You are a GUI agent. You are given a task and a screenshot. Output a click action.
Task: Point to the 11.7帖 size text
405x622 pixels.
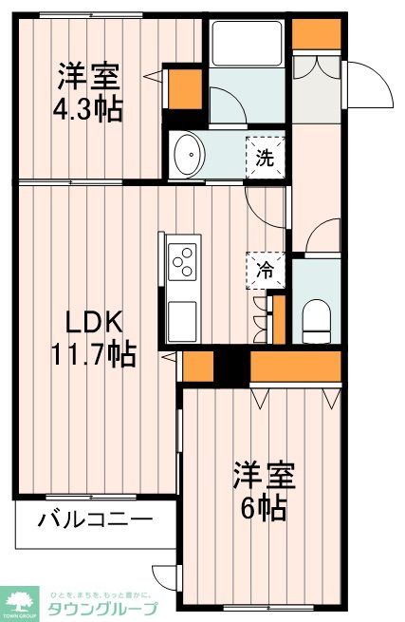(x=92, y=355)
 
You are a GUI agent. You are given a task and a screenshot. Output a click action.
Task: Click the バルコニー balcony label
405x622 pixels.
(x=95, y=519)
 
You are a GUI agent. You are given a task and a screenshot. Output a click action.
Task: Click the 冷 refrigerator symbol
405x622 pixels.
(x=267, y=270)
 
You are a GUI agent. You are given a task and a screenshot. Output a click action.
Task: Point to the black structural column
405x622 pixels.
(x=230, y=366)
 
